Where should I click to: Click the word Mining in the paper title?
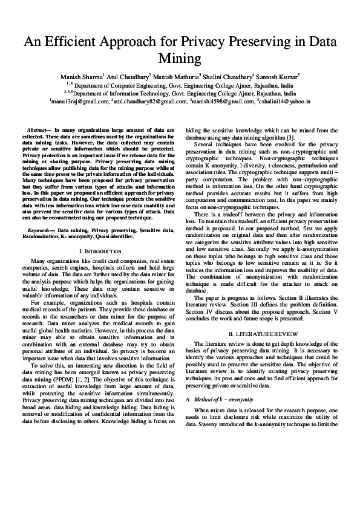(180, 59)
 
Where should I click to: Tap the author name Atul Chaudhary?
(127, 77)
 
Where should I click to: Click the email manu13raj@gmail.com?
(79, 103)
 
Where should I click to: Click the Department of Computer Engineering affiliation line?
(182, 86)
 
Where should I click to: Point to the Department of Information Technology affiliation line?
(182, 94)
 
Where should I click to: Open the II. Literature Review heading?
(258, 334)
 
